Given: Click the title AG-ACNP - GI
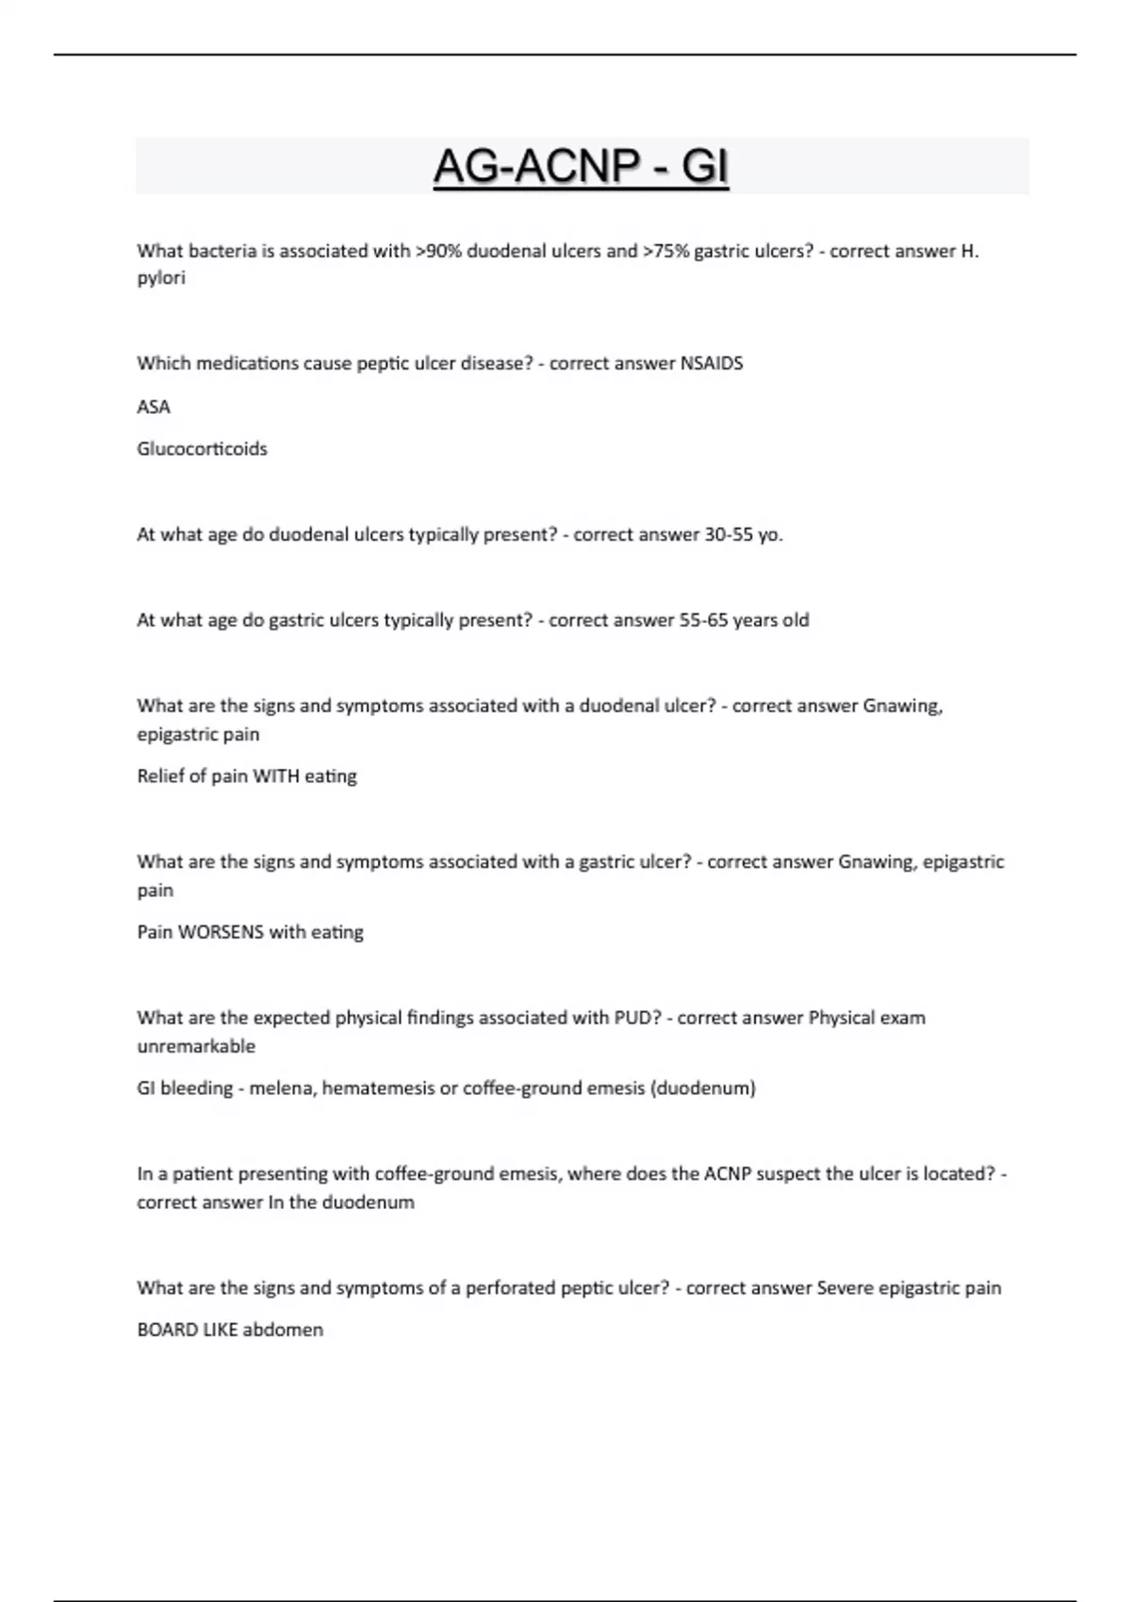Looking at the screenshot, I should (x=581, y=167).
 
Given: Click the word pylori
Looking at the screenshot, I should (x=161, y=278).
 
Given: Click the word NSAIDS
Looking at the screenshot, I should (x=712, y=363).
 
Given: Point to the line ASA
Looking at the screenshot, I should (x=154, y=406).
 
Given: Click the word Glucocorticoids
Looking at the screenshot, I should (x=202, y=449).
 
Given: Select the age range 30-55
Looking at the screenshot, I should (x=729, y=534).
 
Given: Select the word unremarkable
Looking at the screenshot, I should (x=196, y=1046).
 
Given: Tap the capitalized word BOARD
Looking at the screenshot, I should (x=167, y=1331).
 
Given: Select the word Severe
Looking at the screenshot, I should (x=844, y=1288).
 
